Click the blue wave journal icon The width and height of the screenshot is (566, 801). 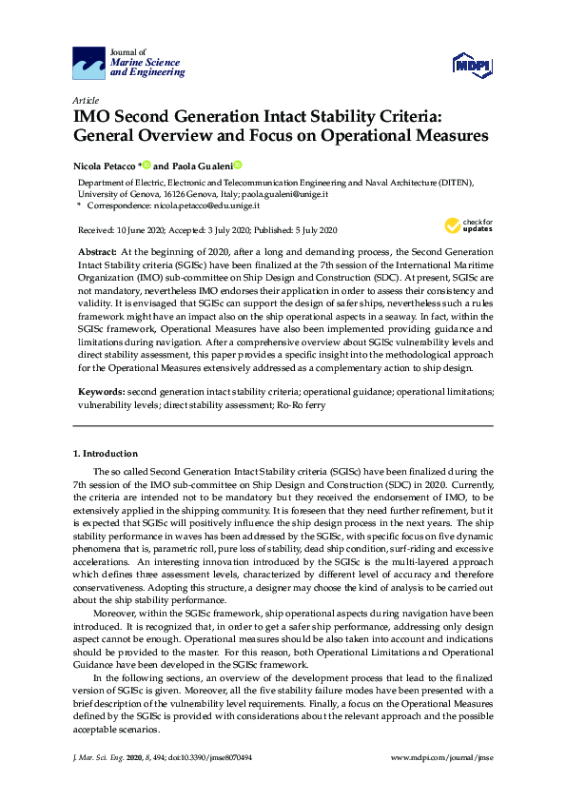point(89,64)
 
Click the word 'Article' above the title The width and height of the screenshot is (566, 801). point(85,100)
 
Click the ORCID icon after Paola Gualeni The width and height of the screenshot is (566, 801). point(238,164)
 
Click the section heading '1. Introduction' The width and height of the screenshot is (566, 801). point(106,453)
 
